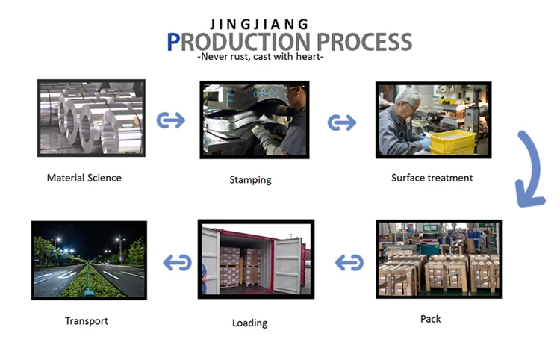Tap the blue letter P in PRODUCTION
coord(173,43)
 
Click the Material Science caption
coord(84,178)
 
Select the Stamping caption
coord(250,180)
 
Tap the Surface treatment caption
coord(432,178)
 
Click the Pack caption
coord(430,319)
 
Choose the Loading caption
coord(249,323)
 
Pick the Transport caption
coord(86,321)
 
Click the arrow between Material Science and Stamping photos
coord(171,120)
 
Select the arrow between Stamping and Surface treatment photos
coord(342,121)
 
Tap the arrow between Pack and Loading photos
coord(349,262)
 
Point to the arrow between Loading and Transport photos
coord(177,262)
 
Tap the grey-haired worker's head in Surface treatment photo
coord(408,98)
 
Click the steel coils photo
coord(91,118)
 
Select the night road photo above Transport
coord(88,260)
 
